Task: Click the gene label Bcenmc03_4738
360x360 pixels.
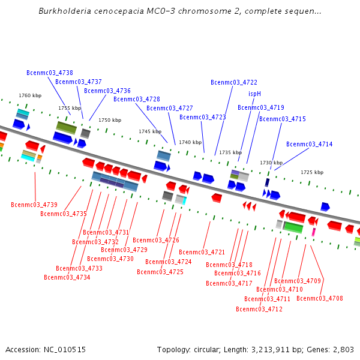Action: [50, 73]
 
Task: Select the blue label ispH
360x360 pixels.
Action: [254, 94]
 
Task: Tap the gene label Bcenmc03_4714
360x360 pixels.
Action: [309, 144]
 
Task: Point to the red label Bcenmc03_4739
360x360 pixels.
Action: [34, 205]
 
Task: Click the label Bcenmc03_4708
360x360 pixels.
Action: [320, 299]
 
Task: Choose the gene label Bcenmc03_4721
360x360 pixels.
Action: [202, 253]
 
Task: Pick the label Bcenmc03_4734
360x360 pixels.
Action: [67, 278]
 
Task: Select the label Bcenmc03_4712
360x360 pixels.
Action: [259, 310]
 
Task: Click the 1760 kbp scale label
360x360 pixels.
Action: [30, 95]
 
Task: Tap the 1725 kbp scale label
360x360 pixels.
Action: [312, 172]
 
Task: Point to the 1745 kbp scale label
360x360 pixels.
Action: [150, 131]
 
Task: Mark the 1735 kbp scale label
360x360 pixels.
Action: [230, 153]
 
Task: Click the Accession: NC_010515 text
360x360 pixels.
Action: [46, 350]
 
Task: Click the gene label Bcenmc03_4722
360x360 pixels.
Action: [234, 82]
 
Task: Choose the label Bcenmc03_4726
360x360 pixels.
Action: [156, 241]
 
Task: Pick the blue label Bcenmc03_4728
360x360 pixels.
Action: [137, 100]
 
